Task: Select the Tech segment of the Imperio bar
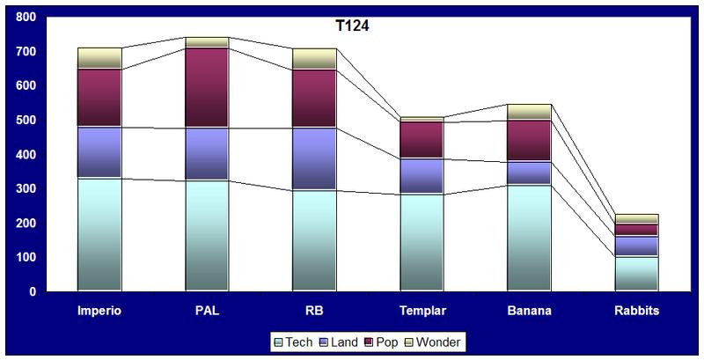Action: click(99, 234)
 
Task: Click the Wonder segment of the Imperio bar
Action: click(99, 58)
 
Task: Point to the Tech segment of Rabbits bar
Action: click(637, 273)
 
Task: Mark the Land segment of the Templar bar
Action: click(422, 176)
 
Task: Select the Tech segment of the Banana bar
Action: click(530, 238)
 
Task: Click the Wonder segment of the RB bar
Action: click(314, 59)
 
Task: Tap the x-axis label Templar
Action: click(422, 310)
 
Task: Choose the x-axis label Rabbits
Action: click(637, 310)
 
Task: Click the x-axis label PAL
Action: click(207, 310)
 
